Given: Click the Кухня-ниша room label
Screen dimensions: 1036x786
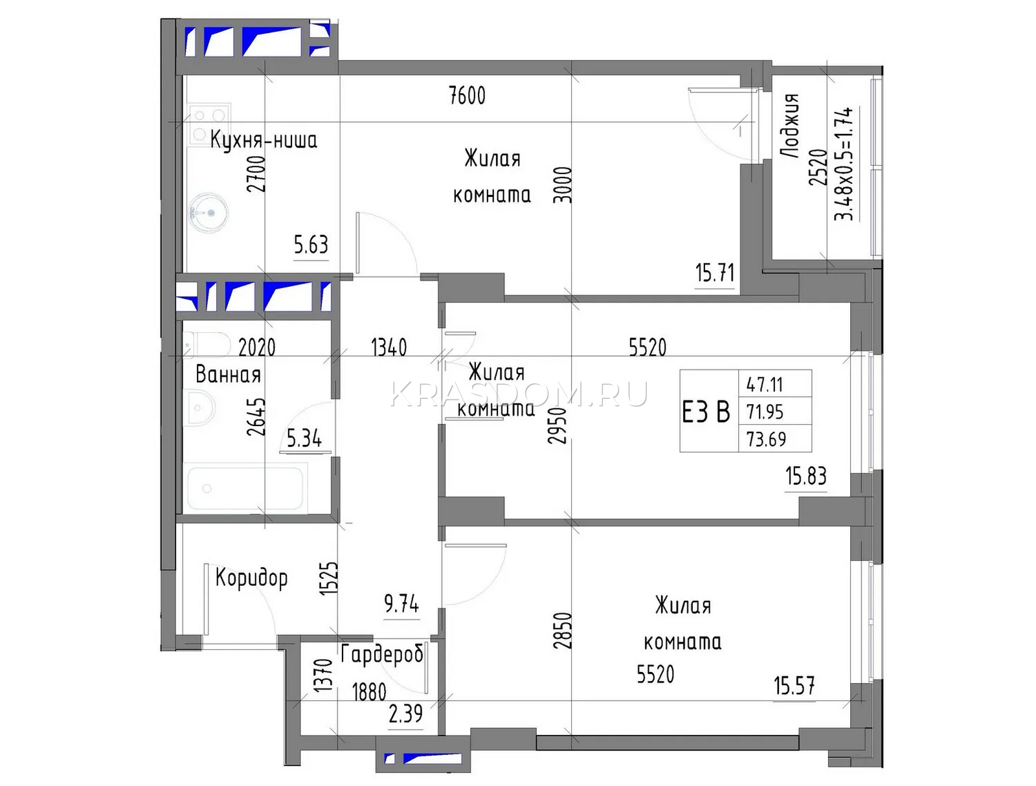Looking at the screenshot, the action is click(x=264, y=140).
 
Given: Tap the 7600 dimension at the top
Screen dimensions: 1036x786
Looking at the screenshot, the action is click(x=467, y=96).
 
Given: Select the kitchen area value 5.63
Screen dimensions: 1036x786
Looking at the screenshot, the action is click(x=311, y=245).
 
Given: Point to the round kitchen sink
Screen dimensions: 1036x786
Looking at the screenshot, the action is click(x=208, y=213).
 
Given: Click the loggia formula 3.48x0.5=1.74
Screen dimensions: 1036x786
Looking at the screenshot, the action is click(x=844, y=164).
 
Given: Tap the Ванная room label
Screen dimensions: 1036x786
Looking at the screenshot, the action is click(x=228, y=375).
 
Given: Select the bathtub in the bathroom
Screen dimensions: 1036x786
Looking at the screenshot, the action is click(x=245, y=488).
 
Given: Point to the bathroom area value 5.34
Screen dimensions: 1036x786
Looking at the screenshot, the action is click(x=304, y=438).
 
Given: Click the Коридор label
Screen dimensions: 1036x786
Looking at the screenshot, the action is click(x=251, y=578).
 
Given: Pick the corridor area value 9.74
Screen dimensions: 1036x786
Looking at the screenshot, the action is click(x=401, y=604).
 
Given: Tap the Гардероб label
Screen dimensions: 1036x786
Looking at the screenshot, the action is click(x=381, y=655).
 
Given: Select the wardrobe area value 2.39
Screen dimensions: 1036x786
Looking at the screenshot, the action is click(x=405, y=714).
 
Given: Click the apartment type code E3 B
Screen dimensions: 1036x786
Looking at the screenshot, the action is click(x=706, y=412).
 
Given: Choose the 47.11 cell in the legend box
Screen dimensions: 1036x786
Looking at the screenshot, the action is click(x=765, y=385).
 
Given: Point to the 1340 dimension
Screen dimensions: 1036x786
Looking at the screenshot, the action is click(x=389, y=347).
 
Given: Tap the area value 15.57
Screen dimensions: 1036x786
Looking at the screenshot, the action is click(x=794, y=686).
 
